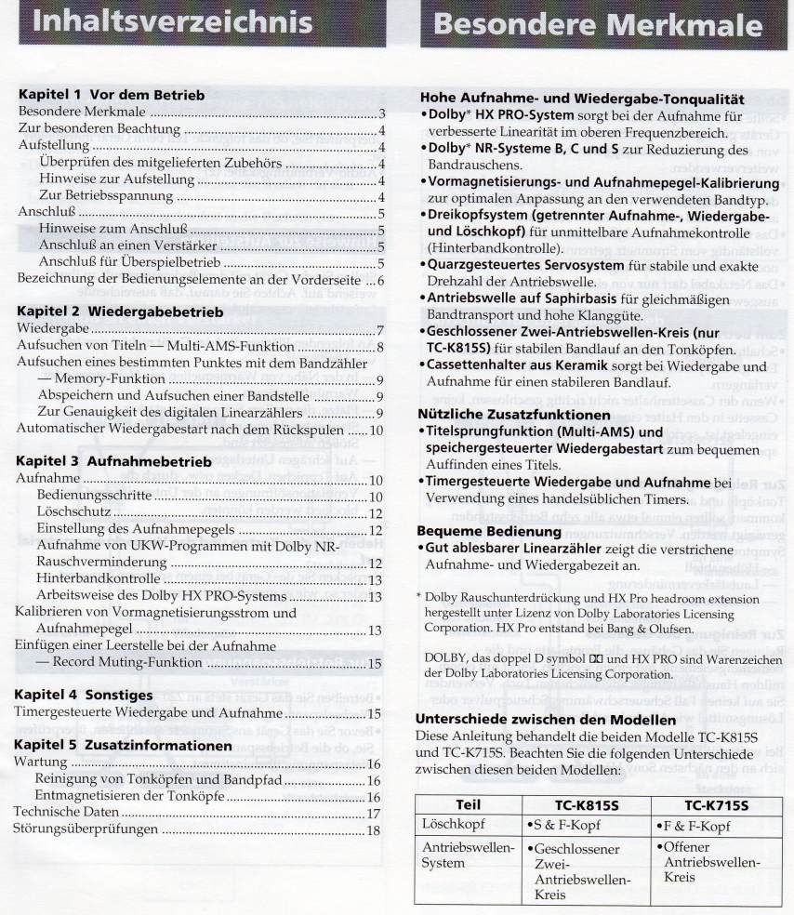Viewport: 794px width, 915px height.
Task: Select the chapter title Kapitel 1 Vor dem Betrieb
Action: click(x=112, y=95)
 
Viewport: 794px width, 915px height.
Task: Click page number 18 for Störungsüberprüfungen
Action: click(x=374, y=829)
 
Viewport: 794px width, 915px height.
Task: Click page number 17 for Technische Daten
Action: click(x=374, y=813)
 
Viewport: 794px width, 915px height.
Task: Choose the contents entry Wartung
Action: click(x=42, y=762)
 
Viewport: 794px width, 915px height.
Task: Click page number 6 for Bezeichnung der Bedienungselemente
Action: click(x=379, y=279)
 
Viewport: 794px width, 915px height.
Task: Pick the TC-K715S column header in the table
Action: click(x=712, y=804)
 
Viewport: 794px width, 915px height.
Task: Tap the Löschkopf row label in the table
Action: click(x=450, y=826)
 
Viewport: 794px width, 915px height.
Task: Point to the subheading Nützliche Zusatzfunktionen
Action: click(x=514, y=414)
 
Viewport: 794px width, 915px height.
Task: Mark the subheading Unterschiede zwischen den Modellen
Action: click(x=545, y=720)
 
